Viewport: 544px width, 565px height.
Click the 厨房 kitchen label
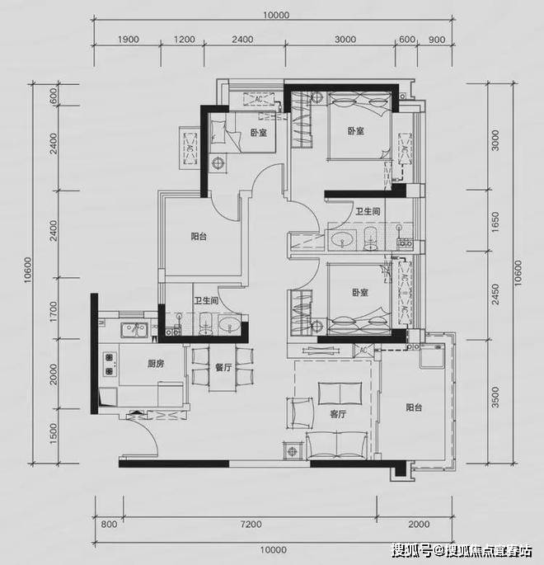click(156, 364)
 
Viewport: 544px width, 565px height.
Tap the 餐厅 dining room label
click(223, 367)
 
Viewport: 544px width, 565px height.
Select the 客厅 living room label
click(338, 414)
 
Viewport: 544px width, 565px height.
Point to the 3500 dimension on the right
click(495, 397)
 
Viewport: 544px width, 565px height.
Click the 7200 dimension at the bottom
click(251, 524)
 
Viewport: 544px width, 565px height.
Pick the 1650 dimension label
click(495, 222)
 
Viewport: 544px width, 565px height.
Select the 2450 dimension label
click(495, 294)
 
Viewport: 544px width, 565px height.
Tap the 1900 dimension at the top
click(128, 39)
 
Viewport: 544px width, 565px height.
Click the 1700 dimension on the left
click(53, 312)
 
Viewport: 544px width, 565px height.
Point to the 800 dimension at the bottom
click(109, 524)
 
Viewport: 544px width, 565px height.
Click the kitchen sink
click(134, 330)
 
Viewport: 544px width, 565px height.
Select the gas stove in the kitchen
click(110, 364)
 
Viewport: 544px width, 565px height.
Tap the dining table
click(223, 369)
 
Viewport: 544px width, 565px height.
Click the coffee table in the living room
click(340, 393)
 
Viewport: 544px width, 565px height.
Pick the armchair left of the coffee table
click(300, 413)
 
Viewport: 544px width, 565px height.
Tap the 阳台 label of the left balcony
click(199, 237)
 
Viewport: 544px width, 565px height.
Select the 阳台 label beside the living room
click(414, 407)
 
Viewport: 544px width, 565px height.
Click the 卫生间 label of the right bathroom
click(368, 211)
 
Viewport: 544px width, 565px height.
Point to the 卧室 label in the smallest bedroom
click(259, 133)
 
